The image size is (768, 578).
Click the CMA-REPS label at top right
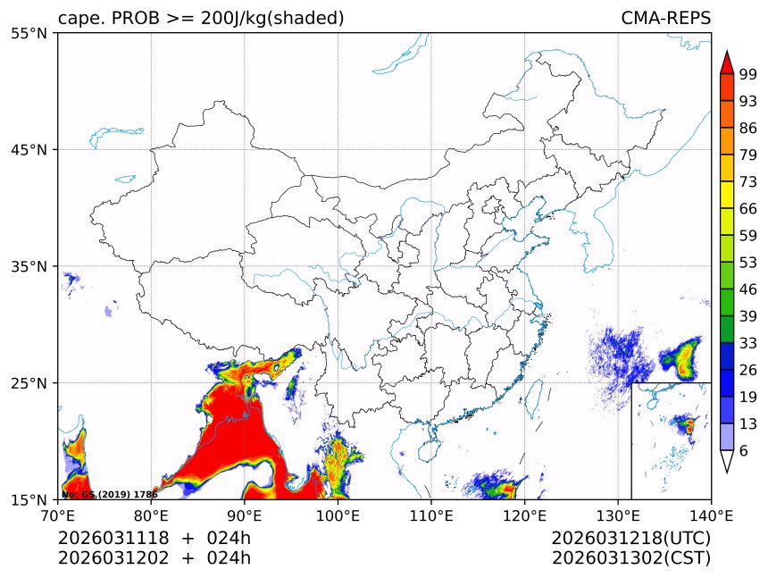pos(665,19)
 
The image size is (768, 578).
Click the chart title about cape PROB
pos(201,19)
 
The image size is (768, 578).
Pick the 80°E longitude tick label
pos(151,515)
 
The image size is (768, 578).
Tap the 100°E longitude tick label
pos(338,515)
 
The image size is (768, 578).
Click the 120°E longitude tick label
pos(524,515)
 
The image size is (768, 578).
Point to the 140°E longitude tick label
pos(711,515)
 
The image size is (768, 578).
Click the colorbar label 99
pos(747,75)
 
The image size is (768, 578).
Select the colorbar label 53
pos(747,263)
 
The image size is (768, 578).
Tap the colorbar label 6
pos(743,451)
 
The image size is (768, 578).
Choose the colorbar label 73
pos(747,182)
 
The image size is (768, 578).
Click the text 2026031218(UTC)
pos(630,538)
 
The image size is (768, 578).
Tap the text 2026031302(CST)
pos(630,558)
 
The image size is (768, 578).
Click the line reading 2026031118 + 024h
pos(154,538)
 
